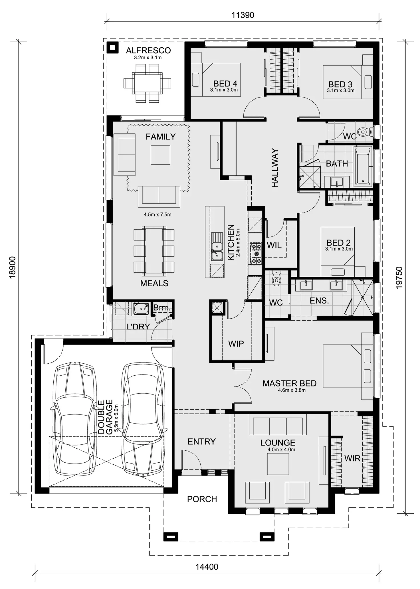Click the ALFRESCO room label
[148, 50]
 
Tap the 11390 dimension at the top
[243, 15]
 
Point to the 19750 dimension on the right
[399, 278]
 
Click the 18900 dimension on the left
[13, 267]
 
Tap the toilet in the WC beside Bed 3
[363, 132]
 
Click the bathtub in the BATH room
[362, 166]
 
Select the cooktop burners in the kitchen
[256, 253]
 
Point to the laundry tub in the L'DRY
[141, 309]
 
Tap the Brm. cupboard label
[162, 308]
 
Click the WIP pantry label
[236, 344]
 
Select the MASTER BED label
[289, 383]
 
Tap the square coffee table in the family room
[160, 155]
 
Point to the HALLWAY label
[275, 168]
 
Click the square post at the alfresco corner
[113, 48]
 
